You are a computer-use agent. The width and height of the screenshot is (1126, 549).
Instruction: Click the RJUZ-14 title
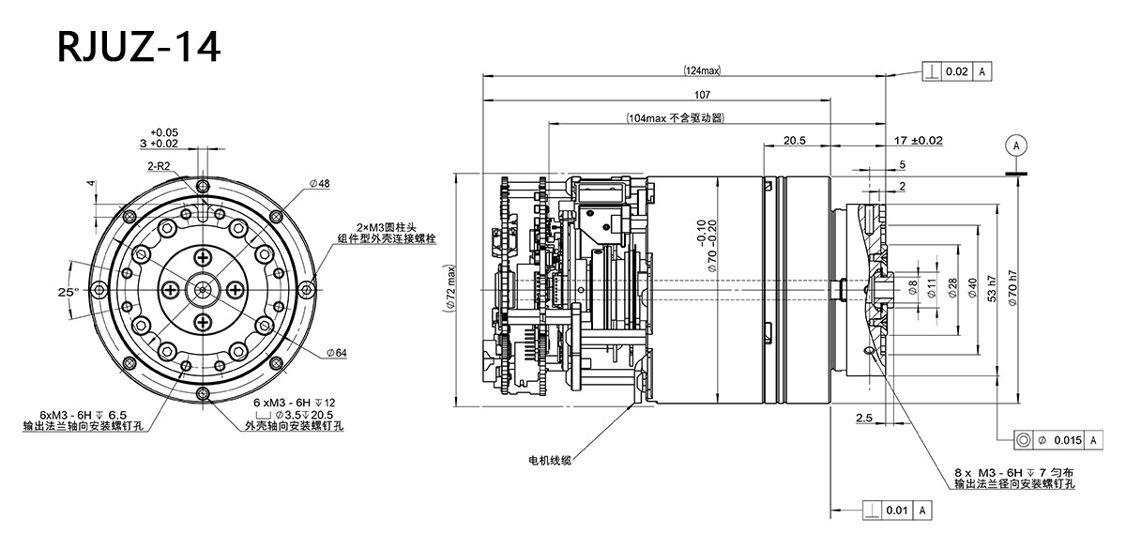[139, 46]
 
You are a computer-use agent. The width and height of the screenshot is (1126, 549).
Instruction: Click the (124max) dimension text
[702, 71]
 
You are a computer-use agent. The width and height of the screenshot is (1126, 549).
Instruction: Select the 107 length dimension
[702, 95]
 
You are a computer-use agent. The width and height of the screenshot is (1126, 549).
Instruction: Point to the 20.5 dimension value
[795, 140]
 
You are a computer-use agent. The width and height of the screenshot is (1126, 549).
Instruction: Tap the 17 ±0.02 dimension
[919, 140]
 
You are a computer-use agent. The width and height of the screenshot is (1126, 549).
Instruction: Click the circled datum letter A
[1014, 145]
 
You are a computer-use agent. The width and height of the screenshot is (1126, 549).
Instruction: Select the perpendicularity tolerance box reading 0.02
[957, 71]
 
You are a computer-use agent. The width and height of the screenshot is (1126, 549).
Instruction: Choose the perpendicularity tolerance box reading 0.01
[897, 510]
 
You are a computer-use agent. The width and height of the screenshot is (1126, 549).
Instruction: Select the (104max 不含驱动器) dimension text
[676, 118]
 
